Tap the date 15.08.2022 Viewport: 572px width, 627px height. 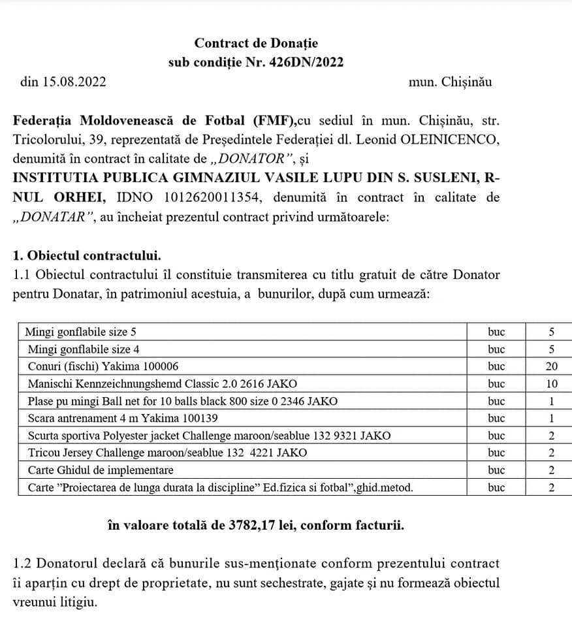(74, 82)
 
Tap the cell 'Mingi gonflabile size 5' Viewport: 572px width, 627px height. (81, 332)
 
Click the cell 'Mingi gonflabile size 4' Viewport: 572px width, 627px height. (81, 349)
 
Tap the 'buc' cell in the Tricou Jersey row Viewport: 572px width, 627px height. (496, 453)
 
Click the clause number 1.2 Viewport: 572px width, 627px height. (22, 563)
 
